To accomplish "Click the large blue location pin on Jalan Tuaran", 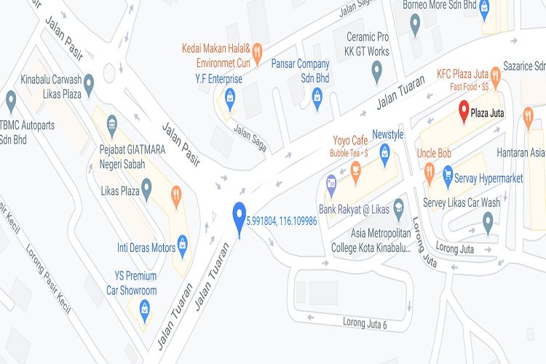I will (x=239, y=217).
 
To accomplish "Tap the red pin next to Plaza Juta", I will (x=464, y=111).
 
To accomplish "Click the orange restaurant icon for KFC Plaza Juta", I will (x=496, y=74).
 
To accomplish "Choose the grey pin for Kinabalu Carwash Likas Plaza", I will (x=90, y=84).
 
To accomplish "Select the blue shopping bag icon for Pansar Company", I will (x=317, y=95).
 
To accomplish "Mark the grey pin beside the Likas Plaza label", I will (x=146, y=190).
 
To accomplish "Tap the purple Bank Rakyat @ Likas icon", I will (x=332, y=183).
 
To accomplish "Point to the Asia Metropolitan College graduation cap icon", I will (x=398, y=208).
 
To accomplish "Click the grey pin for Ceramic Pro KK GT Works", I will (x=376, y=71).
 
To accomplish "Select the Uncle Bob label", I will (x=435, y=154).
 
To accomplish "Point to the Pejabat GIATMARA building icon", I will (x=111, y=124).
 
